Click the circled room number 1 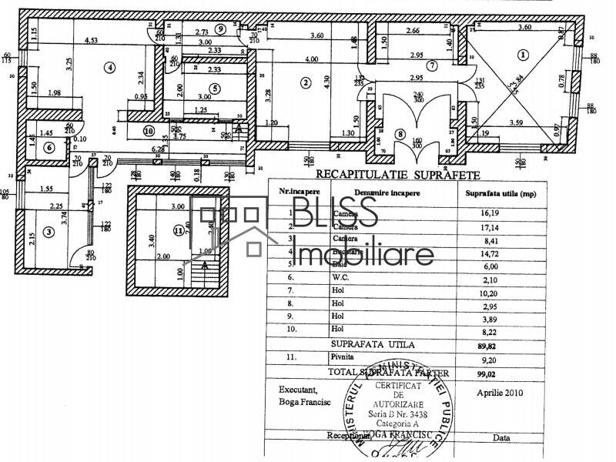coord(523,55)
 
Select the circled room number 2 coord(306,82)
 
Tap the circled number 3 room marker coord(49,231)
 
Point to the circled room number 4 coord(110,67)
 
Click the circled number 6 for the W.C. coord(49,147)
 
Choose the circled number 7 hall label coord(433,66)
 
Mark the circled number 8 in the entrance coord(400,133)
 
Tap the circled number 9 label coord(221,28)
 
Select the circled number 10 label coord(148,131)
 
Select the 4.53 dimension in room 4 coord(91,40)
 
